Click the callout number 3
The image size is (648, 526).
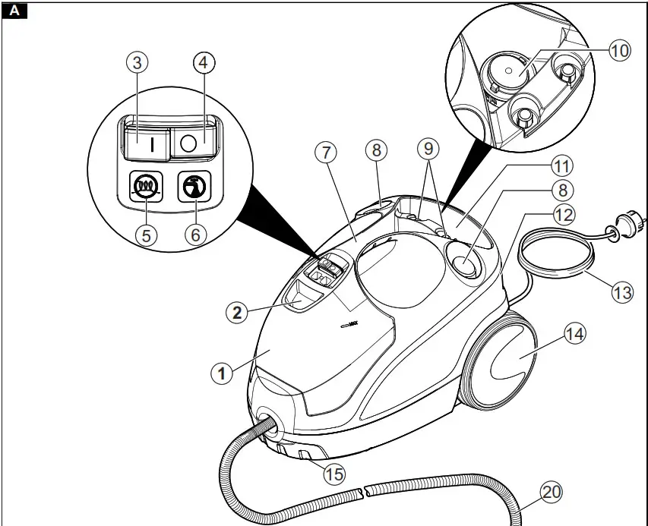(x=137, y=64)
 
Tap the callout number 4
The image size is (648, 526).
(x=202, y=64)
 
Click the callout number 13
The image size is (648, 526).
(x=621, y=292)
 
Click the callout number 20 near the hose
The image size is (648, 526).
(x=552, y=493)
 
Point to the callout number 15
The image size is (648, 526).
(x=333, y=474)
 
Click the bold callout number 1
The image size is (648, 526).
(x=220, y=373)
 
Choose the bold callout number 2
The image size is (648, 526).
(x=239, y=312)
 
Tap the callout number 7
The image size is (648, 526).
(x=325, y=152)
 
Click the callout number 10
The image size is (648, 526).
(x=620, y=51)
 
